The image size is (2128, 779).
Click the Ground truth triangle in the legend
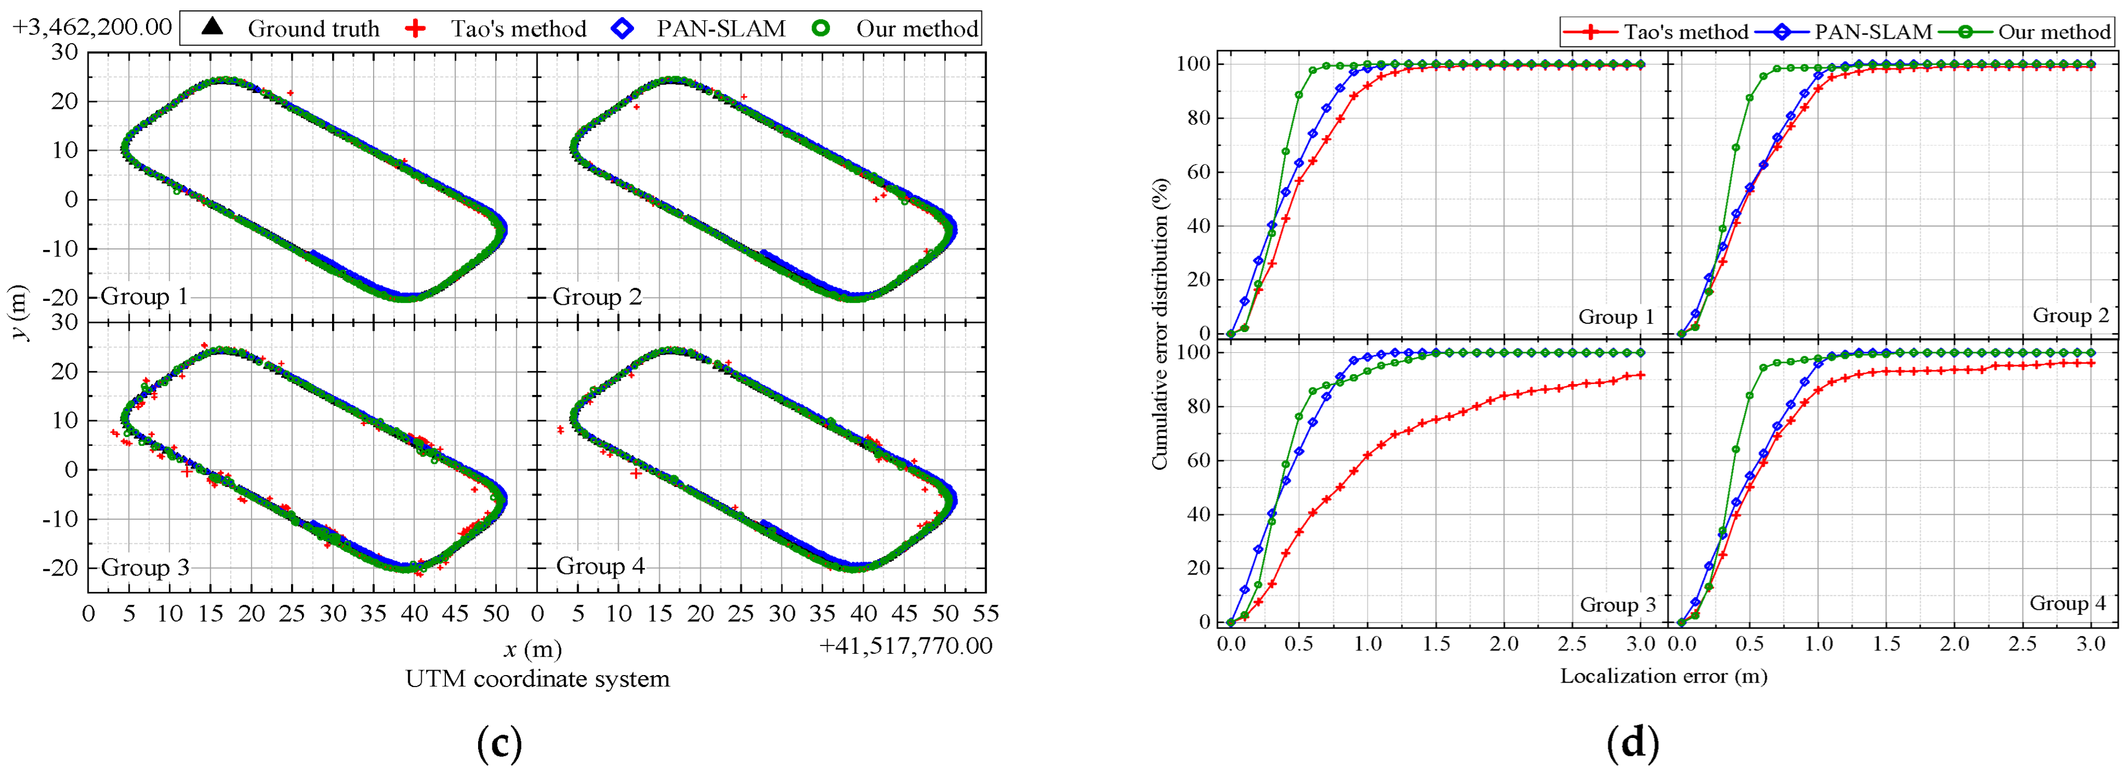tap(212, 27)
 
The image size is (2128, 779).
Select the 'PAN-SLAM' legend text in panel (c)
tap(720, 29)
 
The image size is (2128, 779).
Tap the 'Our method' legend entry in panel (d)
tap(2054, 32)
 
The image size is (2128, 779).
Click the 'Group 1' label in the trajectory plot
tap(144, 296)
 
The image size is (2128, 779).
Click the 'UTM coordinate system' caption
tap(537, 679)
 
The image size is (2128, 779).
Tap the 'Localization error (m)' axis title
tap(1663, 676)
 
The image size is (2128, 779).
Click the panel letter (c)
tap(500, 743)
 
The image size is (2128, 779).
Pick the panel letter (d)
tap(1632, 743)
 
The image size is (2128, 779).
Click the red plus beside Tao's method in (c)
tap(416, 29)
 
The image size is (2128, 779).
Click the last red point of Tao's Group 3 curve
tap(1640, 375)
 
